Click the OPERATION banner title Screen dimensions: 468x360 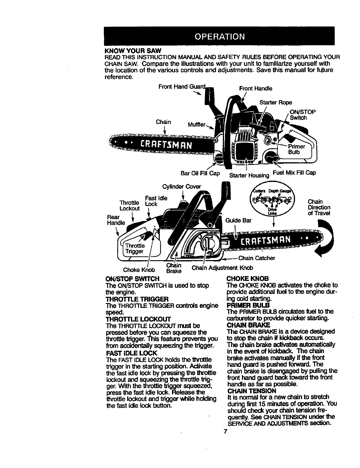[x=220, y=37]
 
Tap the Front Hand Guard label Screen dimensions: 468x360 [x=182, y=87]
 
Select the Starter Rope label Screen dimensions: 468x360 [x=276, y=103]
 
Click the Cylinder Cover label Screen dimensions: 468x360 [x=181, y=187]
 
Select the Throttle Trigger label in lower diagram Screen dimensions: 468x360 [x=134, y=249]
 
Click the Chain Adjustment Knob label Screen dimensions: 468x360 [x=222, y=268]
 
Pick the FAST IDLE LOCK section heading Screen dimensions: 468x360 [x=131, y=353]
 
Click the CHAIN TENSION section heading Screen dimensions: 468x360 [x=251, y=390]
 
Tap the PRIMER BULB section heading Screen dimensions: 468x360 [x=248, y=305]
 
